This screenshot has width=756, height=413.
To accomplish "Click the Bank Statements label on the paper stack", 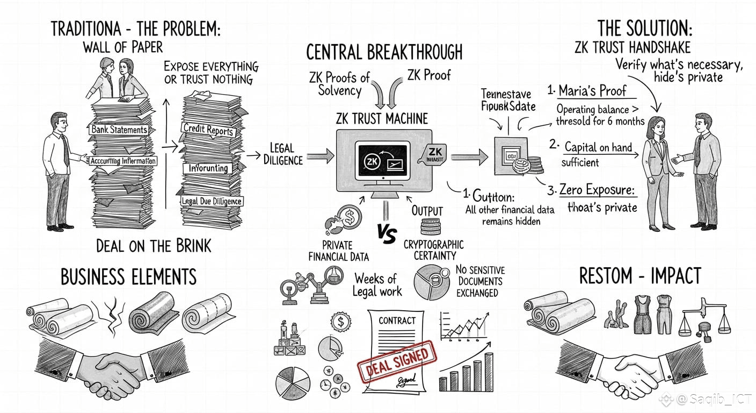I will pos(119,130).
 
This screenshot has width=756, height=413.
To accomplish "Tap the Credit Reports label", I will pos(208,130).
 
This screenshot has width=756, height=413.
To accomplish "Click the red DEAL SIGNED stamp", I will pos(398,362).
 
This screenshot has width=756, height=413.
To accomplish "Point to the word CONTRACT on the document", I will pos(397,321).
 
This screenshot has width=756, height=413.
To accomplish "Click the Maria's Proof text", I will pos(592,90).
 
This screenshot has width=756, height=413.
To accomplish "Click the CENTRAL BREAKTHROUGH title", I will pos(384,52).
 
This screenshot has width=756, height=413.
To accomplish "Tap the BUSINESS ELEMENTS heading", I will pos(128,277).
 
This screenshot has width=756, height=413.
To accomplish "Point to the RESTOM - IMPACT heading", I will pos(640,276).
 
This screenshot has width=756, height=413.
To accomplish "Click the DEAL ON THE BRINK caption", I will pos(154,246).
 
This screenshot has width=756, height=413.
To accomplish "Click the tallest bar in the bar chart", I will pos(488,371).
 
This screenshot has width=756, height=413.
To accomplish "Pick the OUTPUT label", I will pos(427,211).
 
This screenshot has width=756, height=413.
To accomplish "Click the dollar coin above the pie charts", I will pos(340,323).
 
